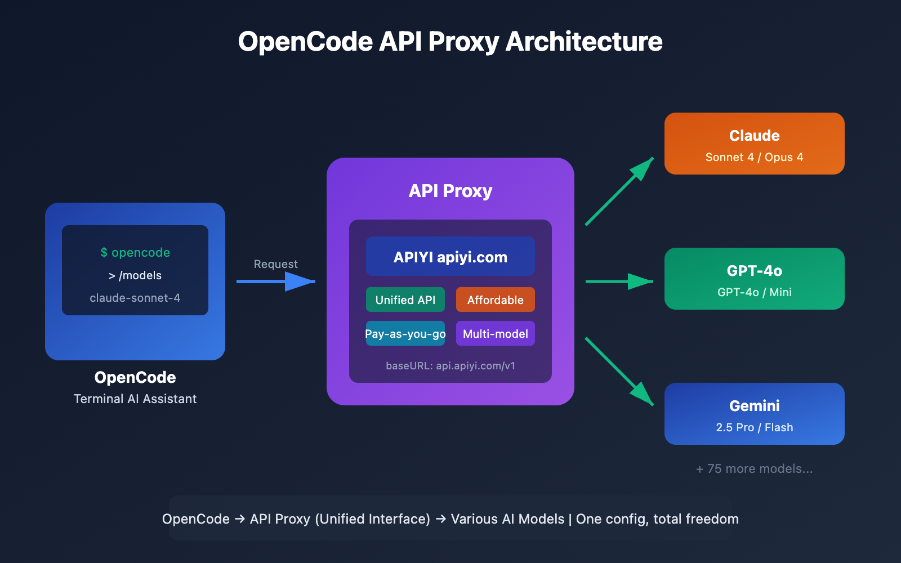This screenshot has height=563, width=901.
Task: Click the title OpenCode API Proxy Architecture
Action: pyautogui.click(x=450, y=42)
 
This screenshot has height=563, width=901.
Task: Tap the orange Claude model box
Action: pyautogui.click(x=754, y=144)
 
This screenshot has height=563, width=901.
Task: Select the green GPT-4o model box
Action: pyautogui.click(x=754, y=279)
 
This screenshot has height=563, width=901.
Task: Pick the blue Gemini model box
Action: pyautogui.click(x=754, y=414)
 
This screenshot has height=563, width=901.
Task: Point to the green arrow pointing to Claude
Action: pyautogui.click(x=619, y=192)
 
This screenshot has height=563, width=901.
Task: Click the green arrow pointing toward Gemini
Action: pyautogui.click(x=619, y=371)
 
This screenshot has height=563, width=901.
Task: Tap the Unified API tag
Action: pyautogui.click(x=405, y=300)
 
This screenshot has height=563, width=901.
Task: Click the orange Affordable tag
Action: pyautogui.click(x=495, y=300)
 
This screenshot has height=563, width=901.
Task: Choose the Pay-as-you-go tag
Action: pyautogui.click(x=405, y=333)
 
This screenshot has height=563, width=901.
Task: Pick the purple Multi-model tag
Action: pyautogui.click(x=495, y=333)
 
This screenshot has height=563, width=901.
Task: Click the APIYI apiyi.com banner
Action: pyautogui.click(x=450, y=257)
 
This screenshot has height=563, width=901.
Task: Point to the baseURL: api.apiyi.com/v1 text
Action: pyautogui.click(x=450, y=366)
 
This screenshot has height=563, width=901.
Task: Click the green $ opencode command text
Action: pyautogui.click(x=135, y=252)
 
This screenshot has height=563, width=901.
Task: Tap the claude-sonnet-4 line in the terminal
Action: pyautogui.click(x=135, y=298)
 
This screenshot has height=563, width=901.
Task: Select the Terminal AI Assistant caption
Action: pyautogui.click(x=135, y=399)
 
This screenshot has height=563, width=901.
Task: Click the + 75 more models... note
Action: pyautogui.click(x=754, y=468)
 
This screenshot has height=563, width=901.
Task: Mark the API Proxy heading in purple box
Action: pyautogui.click(x=450, y=191)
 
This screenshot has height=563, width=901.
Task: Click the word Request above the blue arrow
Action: pyautogui.click(x=275, y=264)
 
